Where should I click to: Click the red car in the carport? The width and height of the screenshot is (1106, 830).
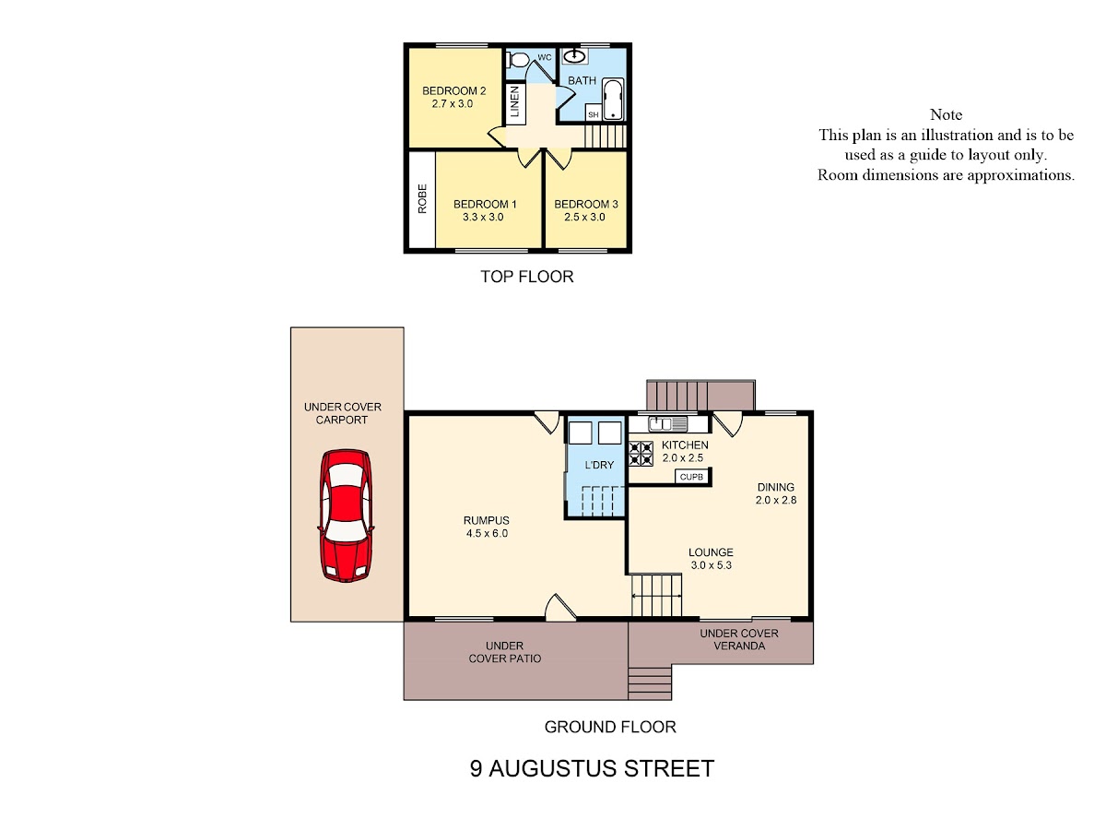pyautogui.click(x=346, y=516)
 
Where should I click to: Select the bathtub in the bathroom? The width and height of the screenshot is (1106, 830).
pyautogui.click(x=613, y=99)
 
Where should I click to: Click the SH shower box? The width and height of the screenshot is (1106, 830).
pyautogui.click(x=593, y=113)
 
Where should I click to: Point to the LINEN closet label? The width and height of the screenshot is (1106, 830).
pyautogui.click(x=514, y=101)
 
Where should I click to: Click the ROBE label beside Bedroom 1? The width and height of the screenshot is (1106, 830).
pyautogui.click(x=422, y=198)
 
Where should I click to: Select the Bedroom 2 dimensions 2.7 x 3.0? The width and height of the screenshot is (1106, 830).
pyautogui.click(x=452, y=104)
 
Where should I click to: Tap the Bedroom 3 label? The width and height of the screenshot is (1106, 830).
pyautogui.click(x=585, y=204)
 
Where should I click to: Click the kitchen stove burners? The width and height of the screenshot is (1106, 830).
pyautogui.click(x=641, y=453)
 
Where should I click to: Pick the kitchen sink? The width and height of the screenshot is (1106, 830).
pyautogui.click(x=667, y=423)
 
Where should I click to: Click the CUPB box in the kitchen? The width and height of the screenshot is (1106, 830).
pyautogui.click(x=691, y=477)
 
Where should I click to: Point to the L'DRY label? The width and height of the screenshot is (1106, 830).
pyautogui.click(x=599, y=465)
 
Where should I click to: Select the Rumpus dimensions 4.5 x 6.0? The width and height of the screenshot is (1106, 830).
pyautogui.click(x=487, y=533)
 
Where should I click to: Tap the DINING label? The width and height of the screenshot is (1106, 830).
pyautogui.click(x=775, y=487)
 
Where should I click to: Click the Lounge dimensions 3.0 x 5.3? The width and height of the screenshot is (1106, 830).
pyautogui.click(x=711, y=565)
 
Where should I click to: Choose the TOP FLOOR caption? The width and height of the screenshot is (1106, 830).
pyautogui.click(x=526, y=277)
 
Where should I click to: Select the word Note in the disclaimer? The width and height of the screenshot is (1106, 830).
pyautogui.click(x=946, y=115)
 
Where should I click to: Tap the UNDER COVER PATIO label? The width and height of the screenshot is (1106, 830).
pyautogui.click(x=504, y=652)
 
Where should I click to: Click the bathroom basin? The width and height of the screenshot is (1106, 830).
pyautogui.click(x=573, y=55)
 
